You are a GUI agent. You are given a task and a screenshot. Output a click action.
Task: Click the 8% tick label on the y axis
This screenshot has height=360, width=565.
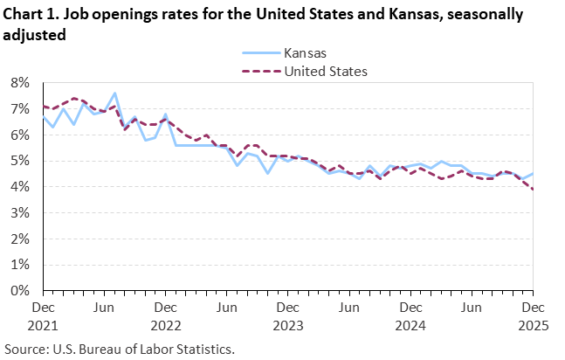pyautogui.click(x=20, y=83)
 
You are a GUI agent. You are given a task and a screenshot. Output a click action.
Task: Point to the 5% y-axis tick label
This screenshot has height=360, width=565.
pyautogui.click(x=20, y=161)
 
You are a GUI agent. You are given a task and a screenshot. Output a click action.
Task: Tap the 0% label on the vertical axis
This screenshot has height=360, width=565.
pyautogui.click(x=20, y=290)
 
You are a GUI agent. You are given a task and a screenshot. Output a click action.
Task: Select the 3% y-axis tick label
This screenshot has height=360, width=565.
pyautogui.click(x=20, y=212)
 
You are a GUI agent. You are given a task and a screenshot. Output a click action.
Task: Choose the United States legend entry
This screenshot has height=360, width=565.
pyautogui.click(x=326, y=71)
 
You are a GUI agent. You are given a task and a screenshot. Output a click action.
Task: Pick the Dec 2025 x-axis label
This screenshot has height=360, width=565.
pyautogui.click(x=532, y=316)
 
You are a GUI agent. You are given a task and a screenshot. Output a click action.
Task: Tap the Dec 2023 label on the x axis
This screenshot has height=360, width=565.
pyautogui.click(x=287, y=316)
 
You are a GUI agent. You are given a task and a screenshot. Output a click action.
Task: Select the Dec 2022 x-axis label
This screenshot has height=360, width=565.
pyautogui.click(x=165, y=316)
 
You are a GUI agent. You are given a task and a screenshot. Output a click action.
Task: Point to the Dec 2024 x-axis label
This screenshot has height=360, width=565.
pyautogui.click(x=410, y=316)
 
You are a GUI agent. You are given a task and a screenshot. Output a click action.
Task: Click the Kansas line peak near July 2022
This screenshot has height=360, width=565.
pyautogui.click(x=114, y=93)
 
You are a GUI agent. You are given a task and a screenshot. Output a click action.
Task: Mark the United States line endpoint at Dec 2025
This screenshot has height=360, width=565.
pyautogui.click(x=532, y=189)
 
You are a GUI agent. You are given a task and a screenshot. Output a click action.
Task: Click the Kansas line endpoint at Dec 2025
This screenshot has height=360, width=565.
pyautogui.click(x=532, y=174)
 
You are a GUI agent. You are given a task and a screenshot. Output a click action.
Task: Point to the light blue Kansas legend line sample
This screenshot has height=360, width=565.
pyautogui.click(x=257, y=52)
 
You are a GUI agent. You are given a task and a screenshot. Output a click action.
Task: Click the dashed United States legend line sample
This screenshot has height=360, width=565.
pyautogui.click(x=257, y=71)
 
